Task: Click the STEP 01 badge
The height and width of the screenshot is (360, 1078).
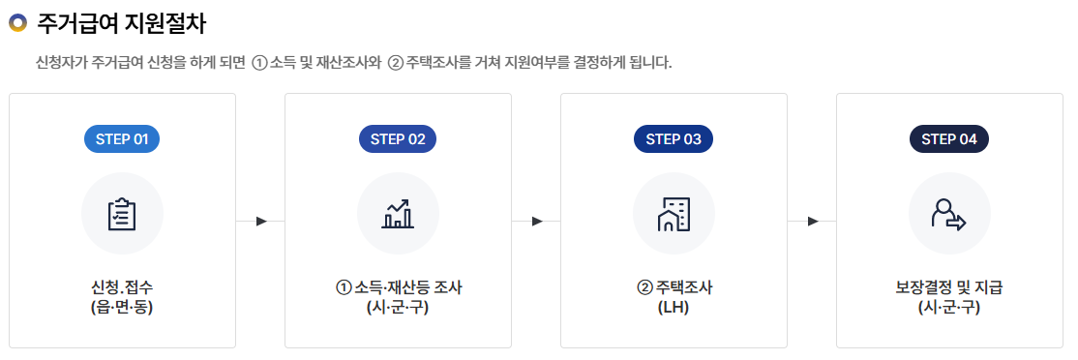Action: coord(122,139)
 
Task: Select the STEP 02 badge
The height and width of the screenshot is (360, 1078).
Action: coord(398,139)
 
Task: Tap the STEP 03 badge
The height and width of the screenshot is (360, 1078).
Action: coord(674,139)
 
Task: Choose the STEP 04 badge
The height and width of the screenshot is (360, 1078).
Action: coord(949,139)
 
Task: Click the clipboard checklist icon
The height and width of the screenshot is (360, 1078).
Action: coord(122,214)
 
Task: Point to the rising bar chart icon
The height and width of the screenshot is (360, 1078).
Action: coord(398,214)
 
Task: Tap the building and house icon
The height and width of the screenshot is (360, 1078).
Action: coord(674,214)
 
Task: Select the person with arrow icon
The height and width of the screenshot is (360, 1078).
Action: coord(949,214)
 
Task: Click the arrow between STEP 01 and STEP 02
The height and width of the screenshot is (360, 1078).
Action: coord(261,222)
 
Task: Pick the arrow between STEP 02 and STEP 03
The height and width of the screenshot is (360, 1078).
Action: coord(537,222)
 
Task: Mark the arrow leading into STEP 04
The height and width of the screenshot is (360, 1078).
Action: coord(813,222)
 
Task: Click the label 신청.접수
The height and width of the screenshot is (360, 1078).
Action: coord(122,287)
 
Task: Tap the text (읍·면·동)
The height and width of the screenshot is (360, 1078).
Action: coord(122,308)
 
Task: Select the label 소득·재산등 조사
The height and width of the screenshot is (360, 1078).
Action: coord(406,287)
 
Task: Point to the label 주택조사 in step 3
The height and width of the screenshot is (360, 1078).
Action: coord(683,287)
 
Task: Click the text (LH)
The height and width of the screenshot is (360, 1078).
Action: coord(674,308)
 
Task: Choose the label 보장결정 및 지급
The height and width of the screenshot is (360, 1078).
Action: coord(949,287)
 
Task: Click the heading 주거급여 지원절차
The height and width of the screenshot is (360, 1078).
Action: coord(121,21)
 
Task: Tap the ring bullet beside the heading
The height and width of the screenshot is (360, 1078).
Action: coord(17,21)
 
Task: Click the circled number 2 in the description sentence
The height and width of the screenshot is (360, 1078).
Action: coord(395,63)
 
